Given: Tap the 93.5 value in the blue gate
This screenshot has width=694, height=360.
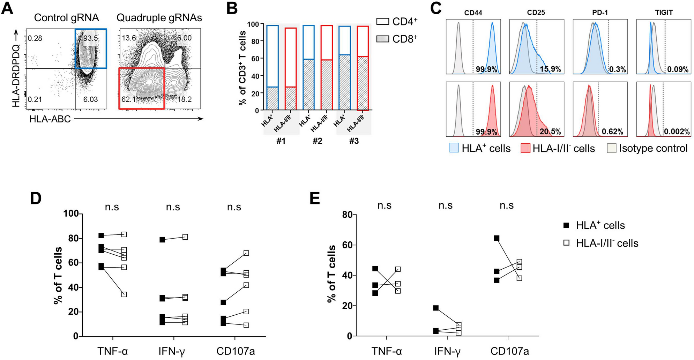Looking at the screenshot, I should click(91, 38).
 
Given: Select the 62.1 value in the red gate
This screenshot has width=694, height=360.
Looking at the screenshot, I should click(128, 99).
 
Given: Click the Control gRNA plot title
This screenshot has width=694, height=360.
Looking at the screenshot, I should click(66, 18).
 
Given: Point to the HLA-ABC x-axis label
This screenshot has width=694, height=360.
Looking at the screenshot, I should click(50, 119).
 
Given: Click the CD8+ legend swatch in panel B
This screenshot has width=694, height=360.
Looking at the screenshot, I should click(383, 39).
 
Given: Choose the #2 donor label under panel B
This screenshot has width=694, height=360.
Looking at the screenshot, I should click(317, 141).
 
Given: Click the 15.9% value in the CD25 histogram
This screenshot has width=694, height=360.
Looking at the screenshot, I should click(550, 69).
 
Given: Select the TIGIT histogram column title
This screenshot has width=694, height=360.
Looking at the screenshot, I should click(664, 13).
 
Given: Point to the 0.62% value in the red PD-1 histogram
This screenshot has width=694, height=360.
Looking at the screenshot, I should click(612, 132).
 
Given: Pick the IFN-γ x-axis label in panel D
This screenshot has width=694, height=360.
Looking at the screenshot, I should click(173, 351).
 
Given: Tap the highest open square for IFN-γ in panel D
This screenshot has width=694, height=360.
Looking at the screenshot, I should click(185, 237).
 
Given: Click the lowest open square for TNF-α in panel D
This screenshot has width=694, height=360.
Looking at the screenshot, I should click(124, 294).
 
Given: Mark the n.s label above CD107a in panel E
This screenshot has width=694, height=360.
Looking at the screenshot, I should click(506, 205).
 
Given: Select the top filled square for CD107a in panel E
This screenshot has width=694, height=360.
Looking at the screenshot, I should click(497, 238).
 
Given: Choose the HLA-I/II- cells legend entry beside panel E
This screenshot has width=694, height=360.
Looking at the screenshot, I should click(607, 243).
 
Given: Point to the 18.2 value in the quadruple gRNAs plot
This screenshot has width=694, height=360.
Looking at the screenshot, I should click(185, 99).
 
